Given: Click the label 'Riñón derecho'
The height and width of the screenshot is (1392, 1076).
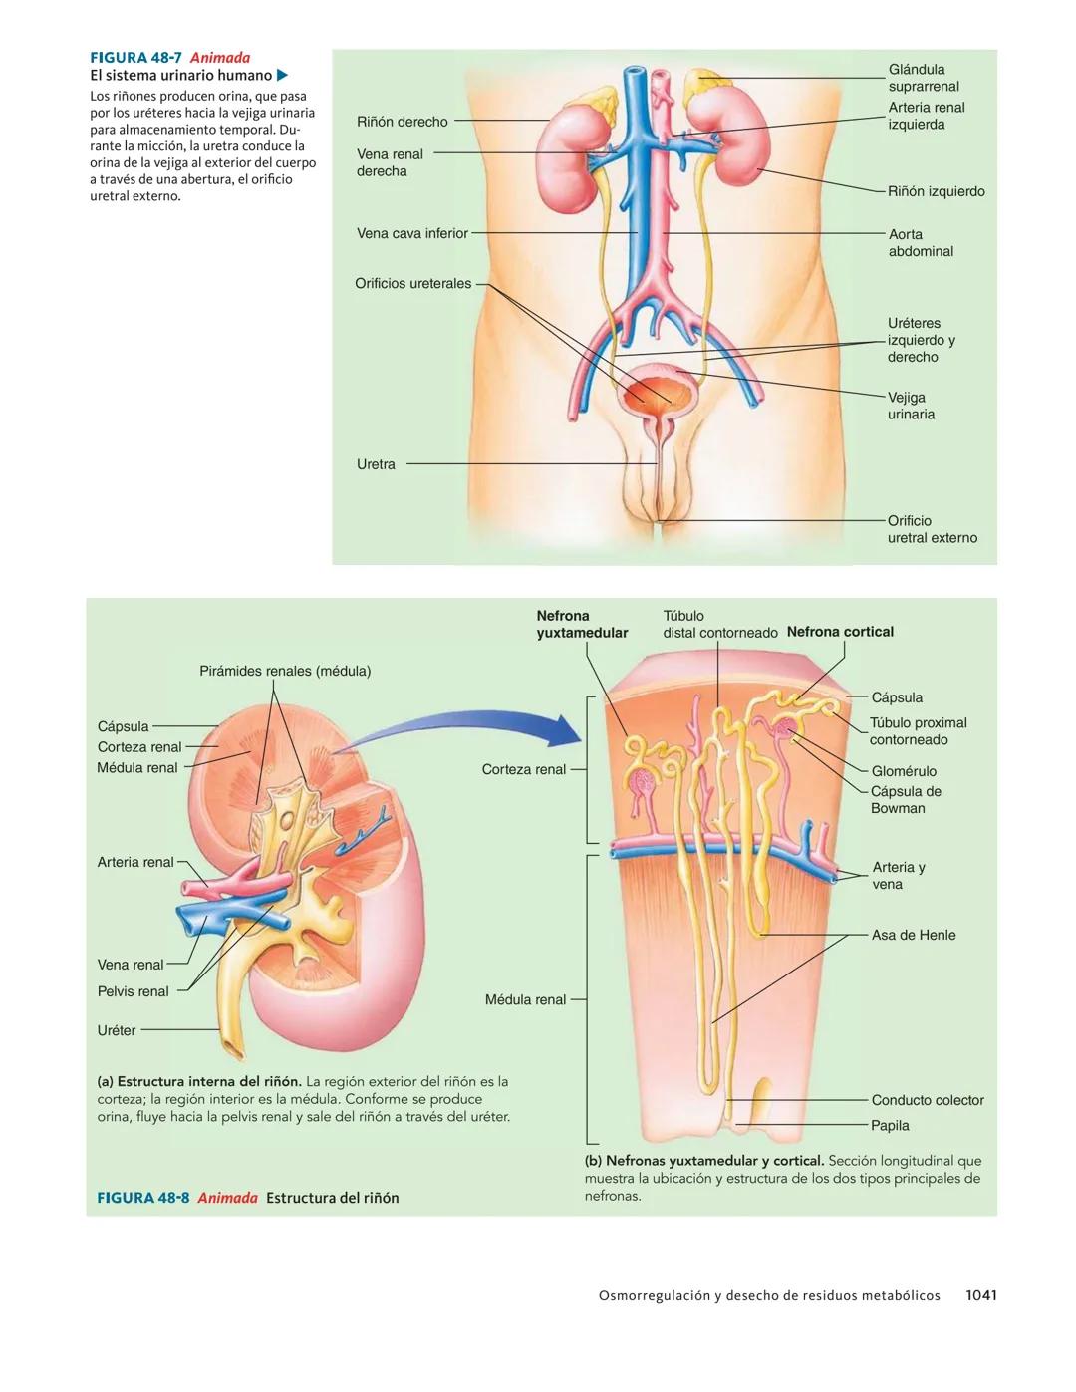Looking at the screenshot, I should pos(403,122).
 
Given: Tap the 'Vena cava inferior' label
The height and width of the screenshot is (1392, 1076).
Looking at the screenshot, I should pos(412,233).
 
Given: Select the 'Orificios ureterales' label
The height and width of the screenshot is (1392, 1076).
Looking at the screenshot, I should pos(413,283).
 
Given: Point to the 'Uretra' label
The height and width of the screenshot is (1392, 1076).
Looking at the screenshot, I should pos(376,464).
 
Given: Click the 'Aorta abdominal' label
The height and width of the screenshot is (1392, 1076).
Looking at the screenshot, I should pos(921,243).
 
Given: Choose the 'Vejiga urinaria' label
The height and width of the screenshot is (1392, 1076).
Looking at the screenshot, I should pos(911,406).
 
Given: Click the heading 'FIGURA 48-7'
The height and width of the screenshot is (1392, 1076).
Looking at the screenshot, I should pos(135,58).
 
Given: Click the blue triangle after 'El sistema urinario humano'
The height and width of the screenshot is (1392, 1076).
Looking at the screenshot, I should pos(282,75).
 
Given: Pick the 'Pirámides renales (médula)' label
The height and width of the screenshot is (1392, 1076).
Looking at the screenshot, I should pos(285,671).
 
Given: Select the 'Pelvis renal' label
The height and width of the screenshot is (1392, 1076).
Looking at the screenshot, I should pos(134,991).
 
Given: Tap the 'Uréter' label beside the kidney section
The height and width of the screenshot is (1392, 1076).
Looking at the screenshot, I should pos(117,1030).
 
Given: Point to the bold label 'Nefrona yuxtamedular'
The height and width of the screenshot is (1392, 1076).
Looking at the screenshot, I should pos(582,624).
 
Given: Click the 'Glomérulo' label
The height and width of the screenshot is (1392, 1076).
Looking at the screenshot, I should pos(904,771).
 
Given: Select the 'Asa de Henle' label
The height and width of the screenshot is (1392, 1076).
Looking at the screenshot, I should pos(914,935).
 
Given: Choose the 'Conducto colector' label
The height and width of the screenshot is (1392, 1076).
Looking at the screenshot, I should pos(928,1100).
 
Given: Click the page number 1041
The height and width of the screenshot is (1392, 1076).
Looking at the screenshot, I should pos(981,1295).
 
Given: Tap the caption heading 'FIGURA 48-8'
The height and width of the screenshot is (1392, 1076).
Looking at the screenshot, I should pos(142,1198).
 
